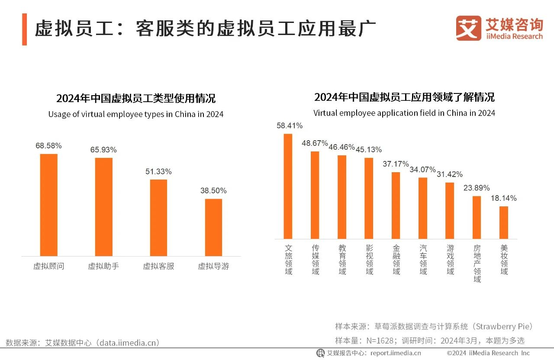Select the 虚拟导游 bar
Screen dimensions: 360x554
[213, 227]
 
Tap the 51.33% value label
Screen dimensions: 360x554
[158, 172]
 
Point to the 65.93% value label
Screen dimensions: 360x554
[103, 150]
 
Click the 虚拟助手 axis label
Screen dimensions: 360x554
[103, 267]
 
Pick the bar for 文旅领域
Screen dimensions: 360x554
[288, 186]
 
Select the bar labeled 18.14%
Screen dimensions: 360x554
[503, 222]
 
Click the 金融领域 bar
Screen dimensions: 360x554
[396, 205]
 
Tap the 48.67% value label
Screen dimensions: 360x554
[315, 143]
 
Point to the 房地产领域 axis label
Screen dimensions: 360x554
[477, 264]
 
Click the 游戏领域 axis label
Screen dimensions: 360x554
[450, 260]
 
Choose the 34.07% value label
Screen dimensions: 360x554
[423, 169]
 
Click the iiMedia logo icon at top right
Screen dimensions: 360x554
[468, 28]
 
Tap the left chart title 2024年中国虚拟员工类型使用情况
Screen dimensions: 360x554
[136, 98]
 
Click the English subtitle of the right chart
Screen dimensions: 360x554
[404, 113]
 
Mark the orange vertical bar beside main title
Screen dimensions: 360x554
[24, 29]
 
